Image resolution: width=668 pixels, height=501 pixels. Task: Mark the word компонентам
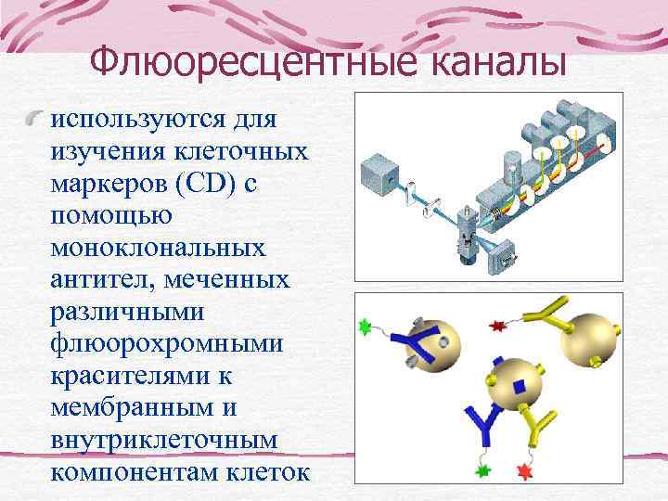click(x=134, y=473)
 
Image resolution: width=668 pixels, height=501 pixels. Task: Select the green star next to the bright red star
click(x=482, y=469)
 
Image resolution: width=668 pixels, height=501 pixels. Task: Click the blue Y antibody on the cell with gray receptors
click(x=405, y=342)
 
